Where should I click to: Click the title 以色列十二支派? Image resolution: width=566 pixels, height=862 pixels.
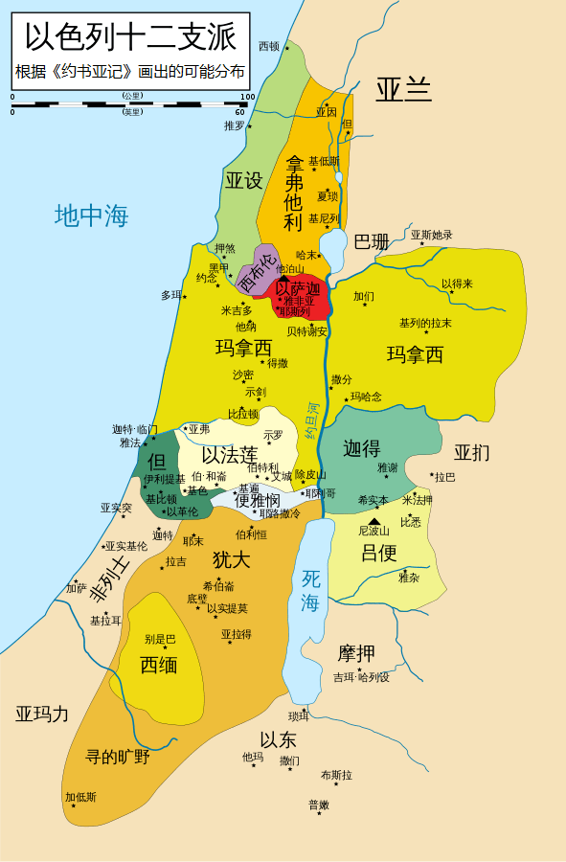point(130,37)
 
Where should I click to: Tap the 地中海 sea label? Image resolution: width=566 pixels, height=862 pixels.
point(91,215)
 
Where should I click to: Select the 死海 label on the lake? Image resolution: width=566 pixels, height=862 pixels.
point(310,590)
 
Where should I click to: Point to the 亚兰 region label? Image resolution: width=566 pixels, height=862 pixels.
point(403,89)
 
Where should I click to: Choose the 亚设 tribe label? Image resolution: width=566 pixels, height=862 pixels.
point(243,180)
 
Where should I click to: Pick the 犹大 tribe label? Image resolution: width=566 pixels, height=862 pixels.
point(231,559)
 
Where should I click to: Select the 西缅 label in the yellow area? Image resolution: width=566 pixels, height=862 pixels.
point(158,665)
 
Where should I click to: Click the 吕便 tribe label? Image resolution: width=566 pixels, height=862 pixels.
point(378,553)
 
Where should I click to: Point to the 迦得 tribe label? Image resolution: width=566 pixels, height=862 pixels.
point(362,448)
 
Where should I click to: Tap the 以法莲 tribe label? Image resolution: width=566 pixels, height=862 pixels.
point(229,454)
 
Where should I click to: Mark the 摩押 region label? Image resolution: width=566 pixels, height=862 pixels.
point(356,654)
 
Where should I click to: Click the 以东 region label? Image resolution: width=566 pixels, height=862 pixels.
point(278,739)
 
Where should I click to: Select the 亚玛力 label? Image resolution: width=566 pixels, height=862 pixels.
point(42,714)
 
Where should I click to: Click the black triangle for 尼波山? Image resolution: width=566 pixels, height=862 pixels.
point(374,521)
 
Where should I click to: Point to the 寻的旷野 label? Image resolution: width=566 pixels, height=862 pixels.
point(118,757)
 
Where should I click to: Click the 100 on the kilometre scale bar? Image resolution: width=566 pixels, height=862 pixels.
point(247,97)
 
